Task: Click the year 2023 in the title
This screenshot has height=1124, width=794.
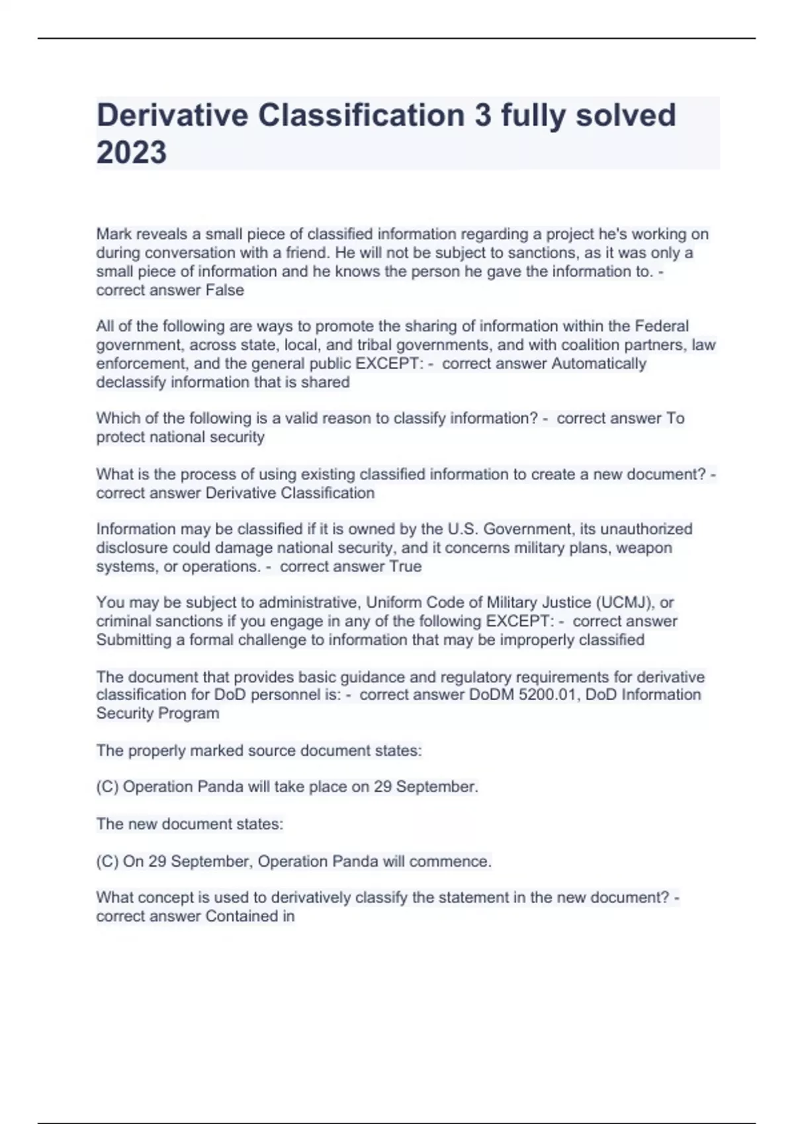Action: click(132, 152)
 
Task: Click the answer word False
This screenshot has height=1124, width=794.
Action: click(225, 290)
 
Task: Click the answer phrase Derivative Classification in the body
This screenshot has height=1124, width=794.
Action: click(290, 493)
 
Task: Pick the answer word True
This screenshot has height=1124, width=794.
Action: click(406, 567)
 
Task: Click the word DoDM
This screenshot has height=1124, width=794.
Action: click(492, 695)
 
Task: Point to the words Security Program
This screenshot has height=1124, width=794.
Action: click(157, 713)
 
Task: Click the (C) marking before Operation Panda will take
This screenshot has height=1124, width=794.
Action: click(107, 787)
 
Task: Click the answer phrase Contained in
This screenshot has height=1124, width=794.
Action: click(250, 916)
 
